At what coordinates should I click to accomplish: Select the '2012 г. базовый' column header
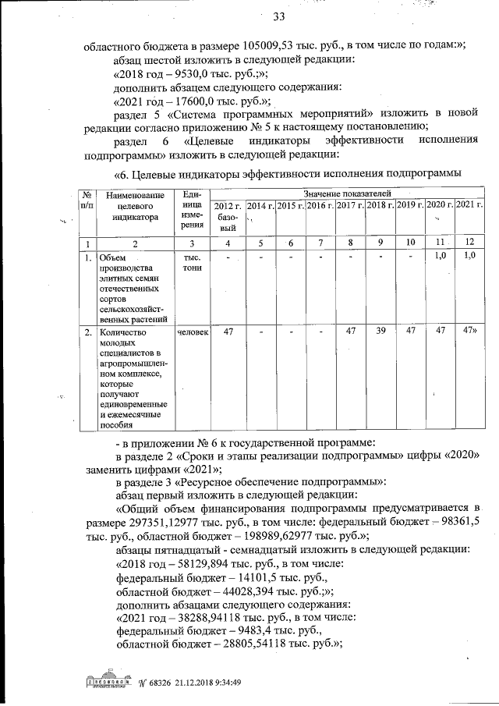coord(228,215)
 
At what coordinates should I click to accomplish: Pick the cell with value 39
coord(380,332)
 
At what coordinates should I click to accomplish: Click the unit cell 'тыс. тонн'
coord(192,262)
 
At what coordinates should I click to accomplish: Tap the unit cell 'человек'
coord(192,332)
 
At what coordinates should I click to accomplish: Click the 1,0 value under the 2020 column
coord(439,256)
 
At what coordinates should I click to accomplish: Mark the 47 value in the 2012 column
coord(228,332)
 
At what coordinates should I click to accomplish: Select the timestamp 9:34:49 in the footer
coord(222,684)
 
